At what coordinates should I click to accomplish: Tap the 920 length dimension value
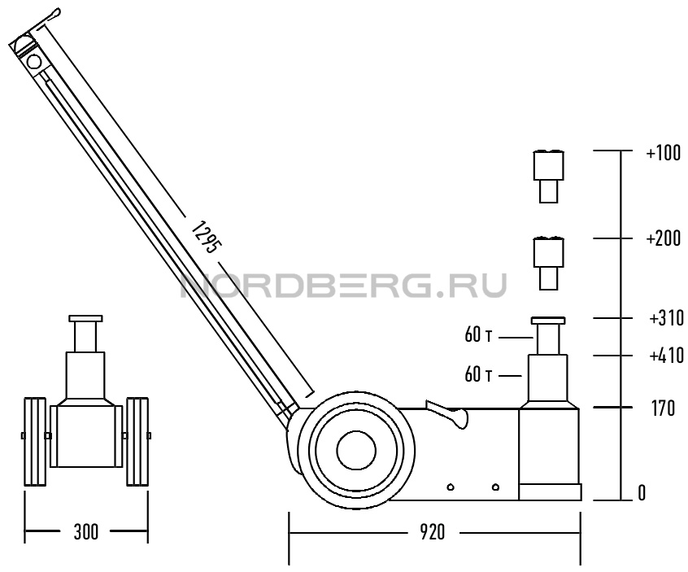point(432,533)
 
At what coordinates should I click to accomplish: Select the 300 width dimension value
point(85,532)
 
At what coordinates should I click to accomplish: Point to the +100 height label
point(664,153)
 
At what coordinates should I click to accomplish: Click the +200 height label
point(664,239)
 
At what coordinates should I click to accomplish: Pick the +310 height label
point(666,318)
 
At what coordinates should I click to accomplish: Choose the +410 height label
point(666,356)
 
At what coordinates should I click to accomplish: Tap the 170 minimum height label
point(663,408)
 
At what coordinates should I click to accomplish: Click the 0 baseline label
point(642,494)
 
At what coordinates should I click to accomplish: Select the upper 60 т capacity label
point(478,335)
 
